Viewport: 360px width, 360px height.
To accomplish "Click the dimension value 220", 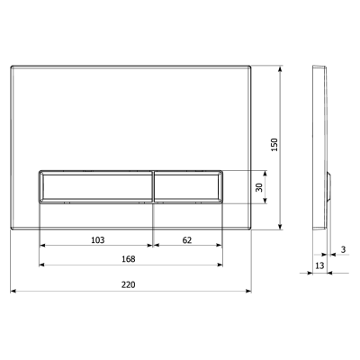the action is coord(128,284).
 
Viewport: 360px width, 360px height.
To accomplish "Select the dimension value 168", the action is coord(128,258).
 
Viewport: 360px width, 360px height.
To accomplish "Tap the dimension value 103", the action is coord(98,240).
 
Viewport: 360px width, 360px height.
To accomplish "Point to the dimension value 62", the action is coord(187,240).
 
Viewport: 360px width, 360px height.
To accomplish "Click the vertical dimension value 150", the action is coord(274,145).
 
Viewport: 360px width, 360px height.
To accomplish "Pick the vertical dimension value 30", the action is coord(259,187).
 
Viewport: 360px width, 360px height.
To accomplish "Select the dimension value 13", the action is coord(320,265).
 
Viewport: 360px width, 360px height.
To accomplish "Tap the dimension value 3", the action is coord(344,249).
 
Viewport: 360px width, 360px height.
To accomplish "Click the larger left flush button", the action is coord(95,187).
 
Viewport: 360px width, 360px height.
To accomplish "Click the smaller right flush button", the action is coord(188,187).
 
